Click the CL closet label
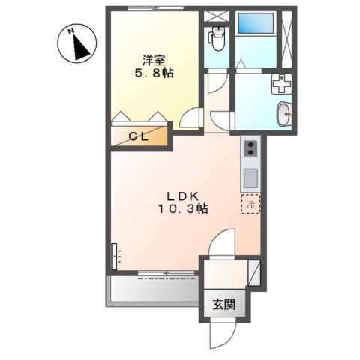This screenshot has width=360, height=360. click(x=140, y=136)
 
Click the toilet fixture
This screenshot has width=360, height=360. click(x=216, y=38)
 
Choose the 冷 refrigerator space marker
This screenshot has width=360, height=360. click(x=249, y=205)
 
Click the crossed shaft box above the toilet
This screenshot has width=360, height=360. click(x=214, y=15)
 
